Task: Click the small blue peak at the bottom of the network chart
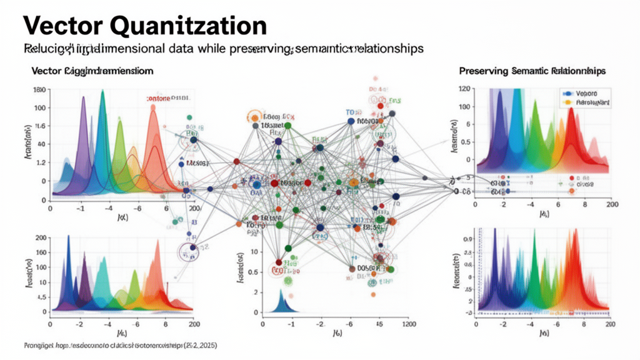coord(281,303)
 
